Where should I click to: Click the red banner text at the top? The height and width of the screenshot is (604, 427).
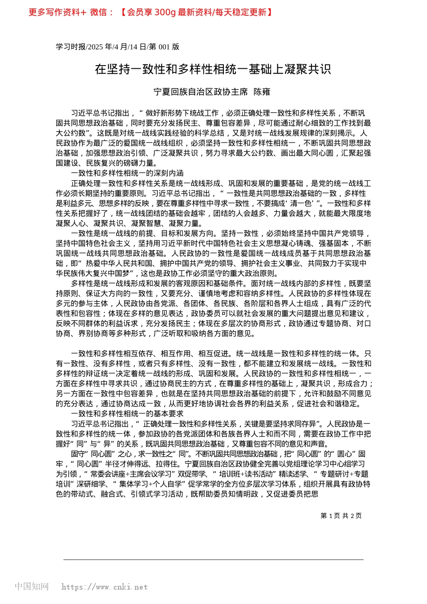click(x=151, y=13)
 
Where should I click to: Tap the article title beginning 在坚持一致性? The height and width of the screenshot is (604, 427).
click(x=213, y=69)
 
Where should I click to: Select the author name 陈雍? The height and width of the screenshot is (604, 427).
click(x=262, y=92)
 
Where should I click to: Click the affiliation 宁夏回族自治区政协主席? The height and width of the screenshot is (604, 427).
click(x=200, y=92)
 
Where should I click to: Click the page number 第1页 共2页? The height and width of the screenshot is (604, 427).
click(x=341, y=515)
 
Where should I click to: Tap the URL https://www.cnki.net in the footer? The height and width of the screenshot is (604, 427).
click(x=104, y=587)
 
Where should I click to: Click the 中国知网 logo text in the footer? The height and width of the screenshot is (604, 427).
click(x=31, y=586)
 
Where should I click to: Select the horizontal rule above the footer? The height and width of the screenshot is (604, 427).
click(x=213, y=560)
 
